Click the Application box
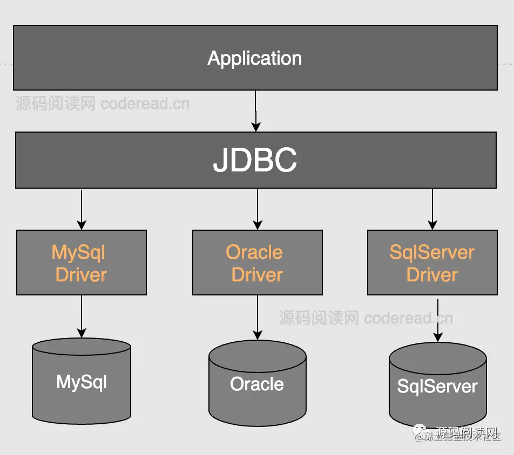click(x=255, y=58)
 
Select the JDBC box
click(x=255, y=160)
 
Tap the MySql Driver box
click(x=82, y=263)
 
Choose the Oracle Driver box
click(x=258, y=263)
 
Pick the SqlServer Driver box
click(x=432, y=263)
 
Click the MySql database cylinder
click(x=82, y=382)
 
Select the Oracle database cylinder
click(x=257, y=383)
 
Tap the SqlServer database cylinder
click(x=437, y=385)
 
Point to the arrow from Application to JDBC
click(x=256, y=111)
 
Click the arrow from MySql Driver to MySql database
click(x=82, y=316)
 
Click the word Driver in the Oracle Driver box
click(x=258, y=274)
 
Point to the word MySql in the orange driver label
click(x=78, y=252)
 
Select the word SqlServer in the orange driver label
click(x=432, y=252)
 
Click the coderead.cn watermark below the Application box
click(x=145, y=103)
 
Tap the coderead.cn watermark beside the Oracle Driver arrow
click(x=408, y=318)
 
